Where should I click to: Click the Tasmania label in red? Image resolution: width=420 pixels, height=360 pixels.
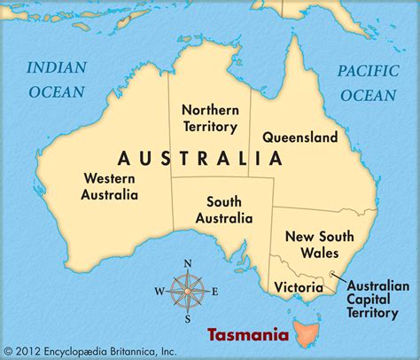(x=247, y=336)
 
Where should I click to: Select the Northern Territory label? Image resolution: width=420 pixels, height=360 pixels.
(x=210, y=118)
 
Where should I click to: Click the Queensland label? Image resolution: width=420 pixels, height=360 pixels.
(x=299, y=137)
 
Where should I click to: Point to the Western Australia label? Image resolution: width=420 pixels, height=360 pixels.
(x=109, y=186)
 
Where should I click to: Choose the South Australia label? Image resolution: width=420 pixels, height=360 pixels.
(x=224, y=210)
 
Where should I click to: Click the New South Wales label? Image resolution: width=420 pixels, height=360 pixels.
(x=318, y=244)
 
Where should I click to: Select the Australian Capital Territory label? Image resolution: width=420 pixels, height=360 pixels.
(x=377, y=299)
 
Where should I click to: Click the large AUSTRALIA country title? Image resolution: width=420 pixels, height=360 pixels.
(x=199, y=159)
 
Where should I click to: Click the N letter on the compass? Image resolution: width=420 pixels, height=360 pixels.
(x=187, y=263)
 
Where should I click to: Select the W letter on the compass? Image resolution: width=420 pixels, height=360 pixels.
(x=159, y=290)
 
